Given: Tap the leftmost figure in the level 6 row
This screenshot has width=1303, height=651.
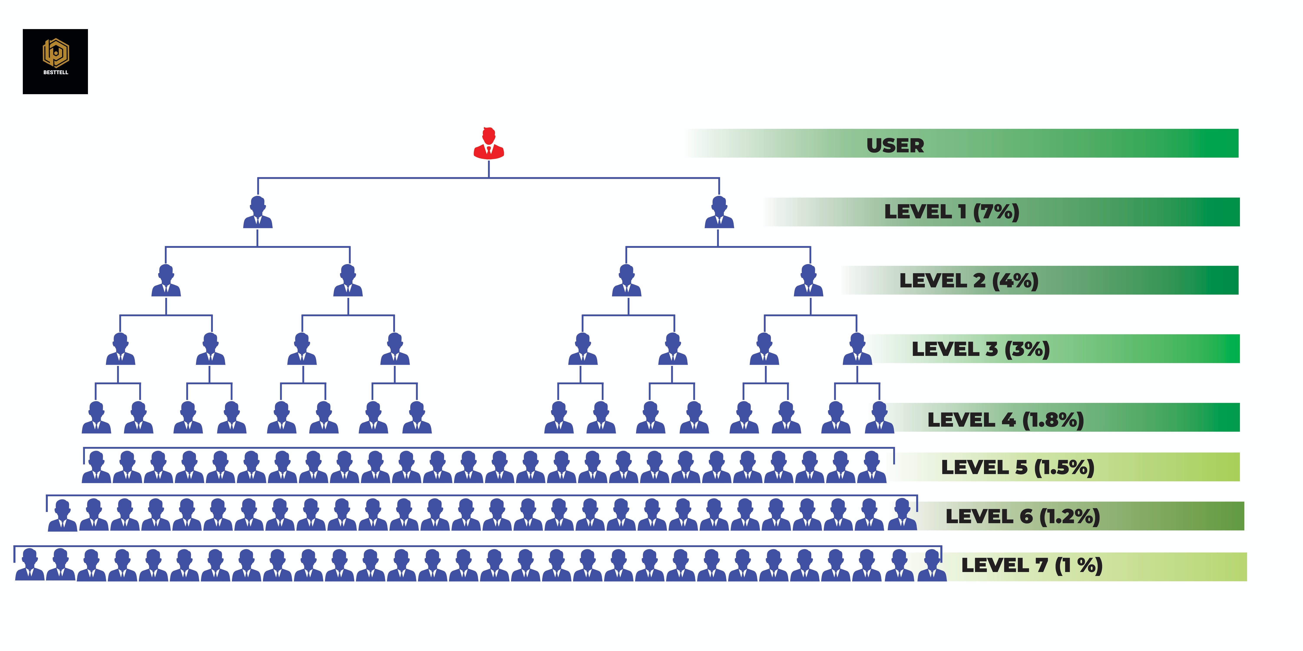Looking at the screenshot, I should tap(62, 516).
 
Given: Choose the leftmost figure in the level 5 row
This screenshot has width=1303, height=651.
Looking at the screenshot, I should tap(96, 467).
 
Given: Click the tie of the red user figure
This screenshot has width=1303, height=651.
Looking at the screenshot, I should tap(489, 150).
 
